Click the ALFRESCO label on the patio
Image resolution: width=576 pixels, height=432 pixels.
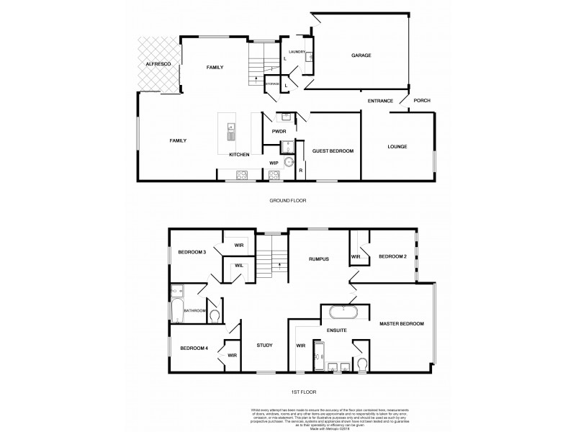(x=157, y=65)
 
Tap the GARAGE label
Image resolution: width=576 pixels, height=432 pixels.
(x=361, y=55)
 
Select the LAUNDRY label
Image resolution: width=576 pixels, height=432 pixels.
(x=297, y=53)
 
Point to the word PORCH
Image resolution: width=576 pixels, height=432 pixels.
(x=422, y=101)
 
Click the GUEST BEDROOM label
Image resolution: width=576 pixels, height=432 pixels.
(x=333, y=150)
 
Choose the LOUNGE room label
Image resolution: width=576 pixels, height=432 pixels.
(x=397, y=146)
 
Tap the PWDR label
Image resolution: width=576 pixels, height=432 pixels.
(x=279, y=132)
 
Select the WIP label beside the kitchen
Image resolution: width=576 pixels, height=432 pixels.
(x=274, y=163)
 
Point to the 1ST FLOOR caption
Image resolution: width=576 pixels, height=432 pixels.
(x=302, y=391)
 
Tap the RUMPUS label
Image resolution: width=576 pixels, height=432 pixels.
(x=319, y=258)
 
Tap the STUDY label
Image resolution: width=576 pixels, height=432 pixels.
(x=264, y=346)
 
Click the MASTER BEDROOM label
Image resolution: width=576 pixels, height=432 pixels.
(x=402, y=324)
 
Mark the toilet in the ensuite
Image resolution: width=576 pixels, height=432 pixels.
(x=362, y=364)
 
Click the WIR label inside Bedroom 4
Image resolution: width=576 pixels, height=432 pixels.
(x=233, y=355)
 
